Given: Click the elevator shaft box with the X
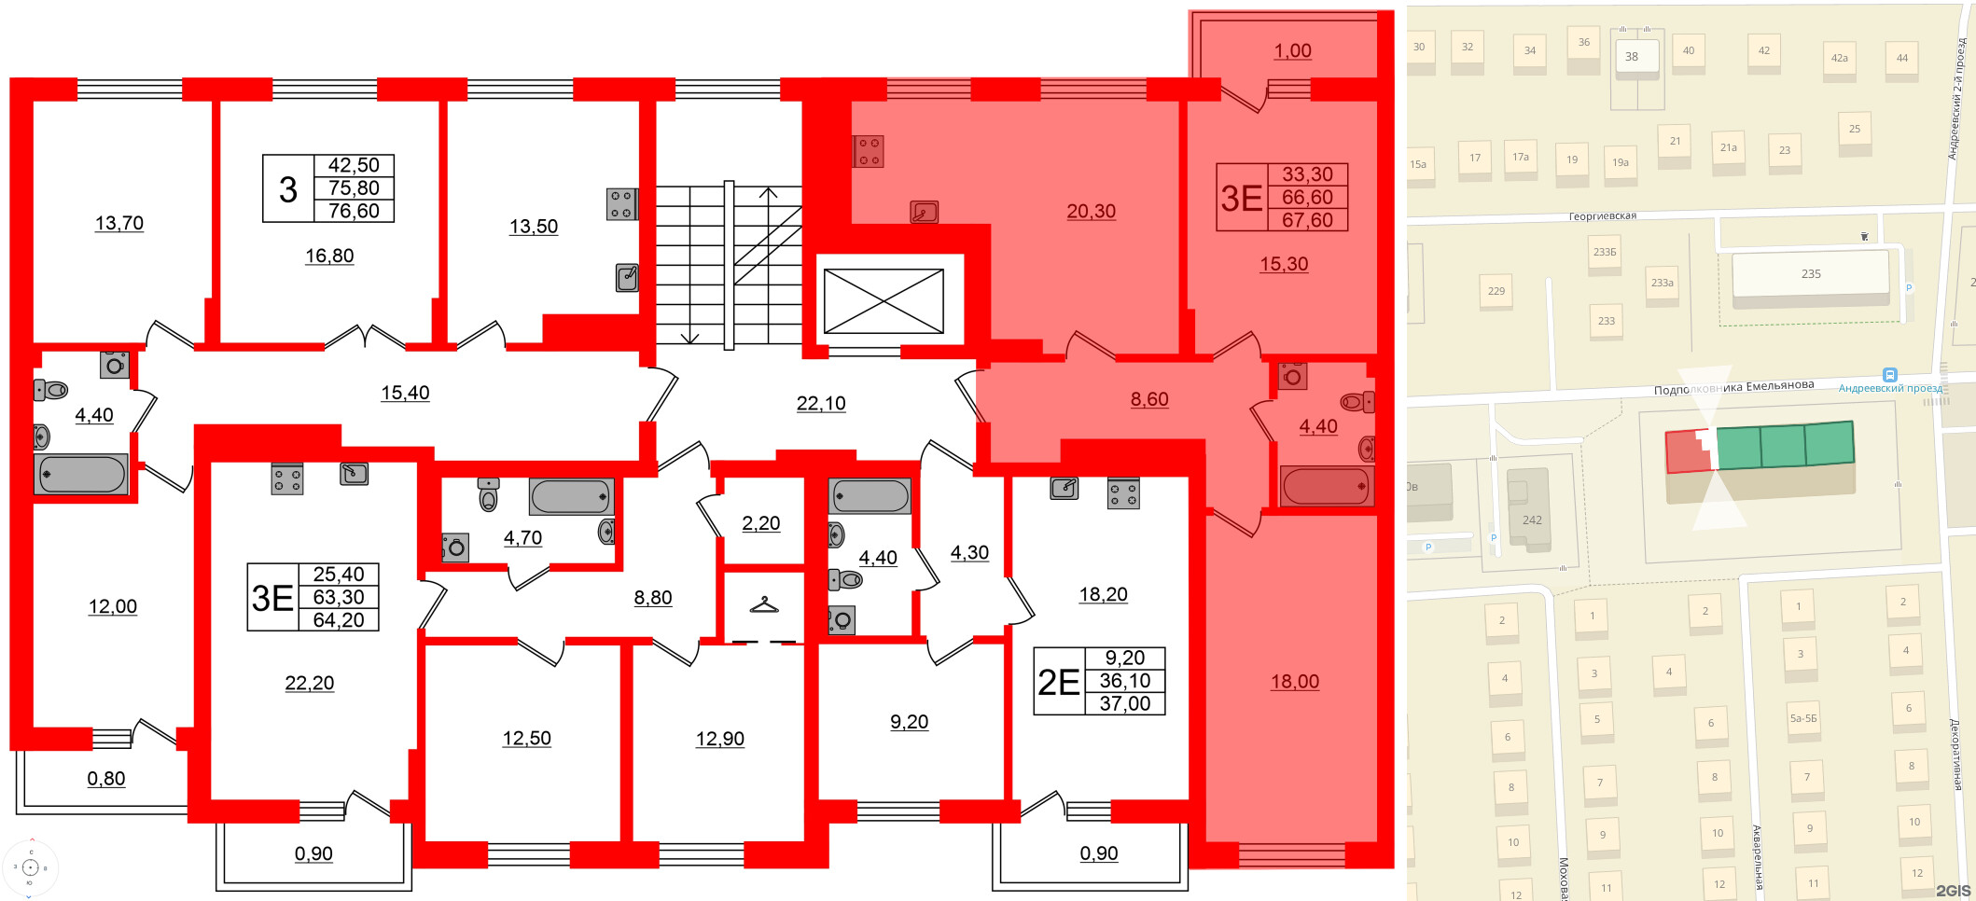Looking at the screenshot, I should point(884,300).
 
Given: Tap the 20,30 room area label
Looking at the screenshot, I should point(1091,212).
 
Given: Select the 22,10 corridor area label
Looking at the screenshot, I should point(821,403).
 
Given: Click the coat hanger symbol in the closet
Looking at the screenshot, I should point(763,605).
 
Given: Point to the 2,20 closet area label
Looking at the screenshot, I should point(760,523).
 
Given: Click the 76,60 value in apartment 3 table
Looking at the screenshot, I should point(354,211).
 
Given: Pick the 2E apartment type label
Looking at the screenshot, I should point(1059,682).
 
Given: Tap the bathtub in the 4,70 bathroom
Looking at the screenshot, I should point(572,496).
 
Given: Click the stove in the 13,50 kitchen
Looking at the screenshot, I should point(621,204).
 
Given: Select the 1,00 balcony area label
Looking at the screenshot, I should point(1292,51).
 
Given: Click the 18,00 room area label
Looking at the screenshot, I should point(1294,682).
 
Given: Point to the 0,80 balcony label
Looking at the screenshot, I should point(106,779).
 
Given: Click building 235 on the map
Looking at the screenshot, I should point(1810,274).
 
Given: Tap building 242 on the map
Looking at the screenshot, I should point(1531,520).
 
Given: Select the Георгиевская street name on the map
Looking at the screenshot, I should point(1602,216).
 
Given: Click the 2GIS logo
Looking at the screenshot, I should point(1953,891).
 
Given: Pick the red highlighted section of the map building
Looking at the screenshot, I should point(1687,452).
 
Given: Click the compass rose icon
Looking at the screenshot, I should point(30,867).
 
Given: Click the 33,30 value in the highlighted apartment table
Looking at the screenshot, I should point(1307,174).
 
